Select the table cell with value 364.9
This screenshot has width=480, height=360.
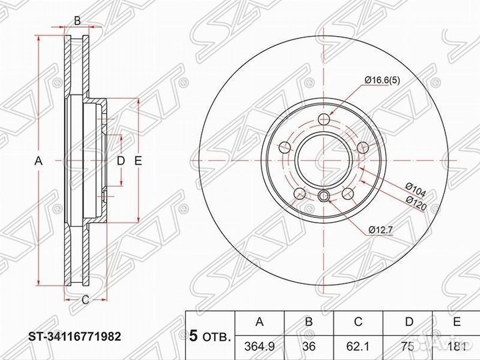(x=260, y=347)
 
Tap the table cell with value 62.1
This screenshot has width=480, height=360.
(x=358, y=347)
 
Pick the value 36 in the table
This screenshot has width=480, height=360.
(x=309, y=347)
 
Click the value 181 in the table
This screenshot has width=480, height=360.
(x=457, y=347)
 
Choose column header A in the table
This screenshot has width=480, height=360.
(x=260, y=323)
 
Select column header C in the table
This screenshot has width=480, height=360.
(x=358, y=323)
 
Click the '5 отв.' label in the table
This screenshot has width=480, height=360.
(x=210, y=335)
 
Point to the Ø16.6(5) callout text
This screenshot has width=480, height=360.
(x=383, y=81)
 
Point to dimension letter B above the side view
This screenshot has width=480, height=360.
(x=77, y=21)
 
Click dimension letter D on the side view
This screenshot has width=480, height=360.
(x=121, y=161)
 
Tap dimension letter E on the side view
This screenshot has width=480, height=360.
(x=138, y=161)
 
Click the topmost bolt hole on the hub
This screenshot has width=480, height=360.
(x=325, y=119)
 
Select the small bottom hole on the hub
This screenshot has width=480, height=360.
(x=324, y=195)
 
